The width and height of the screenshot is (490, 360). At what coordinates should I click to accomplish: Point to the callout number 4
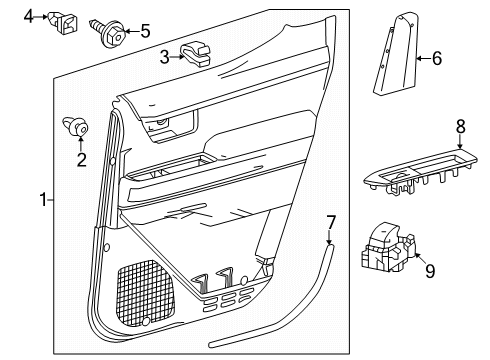pos(30,15)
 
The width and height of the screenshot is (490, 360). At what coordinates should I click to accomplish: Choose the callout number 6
pos(435,59)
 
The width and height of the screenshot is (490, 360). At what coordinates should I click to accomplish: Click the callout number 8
pos(460,127)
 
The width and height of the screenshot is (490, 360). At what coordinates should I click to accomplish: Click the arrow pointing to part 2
pos(82,143)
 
